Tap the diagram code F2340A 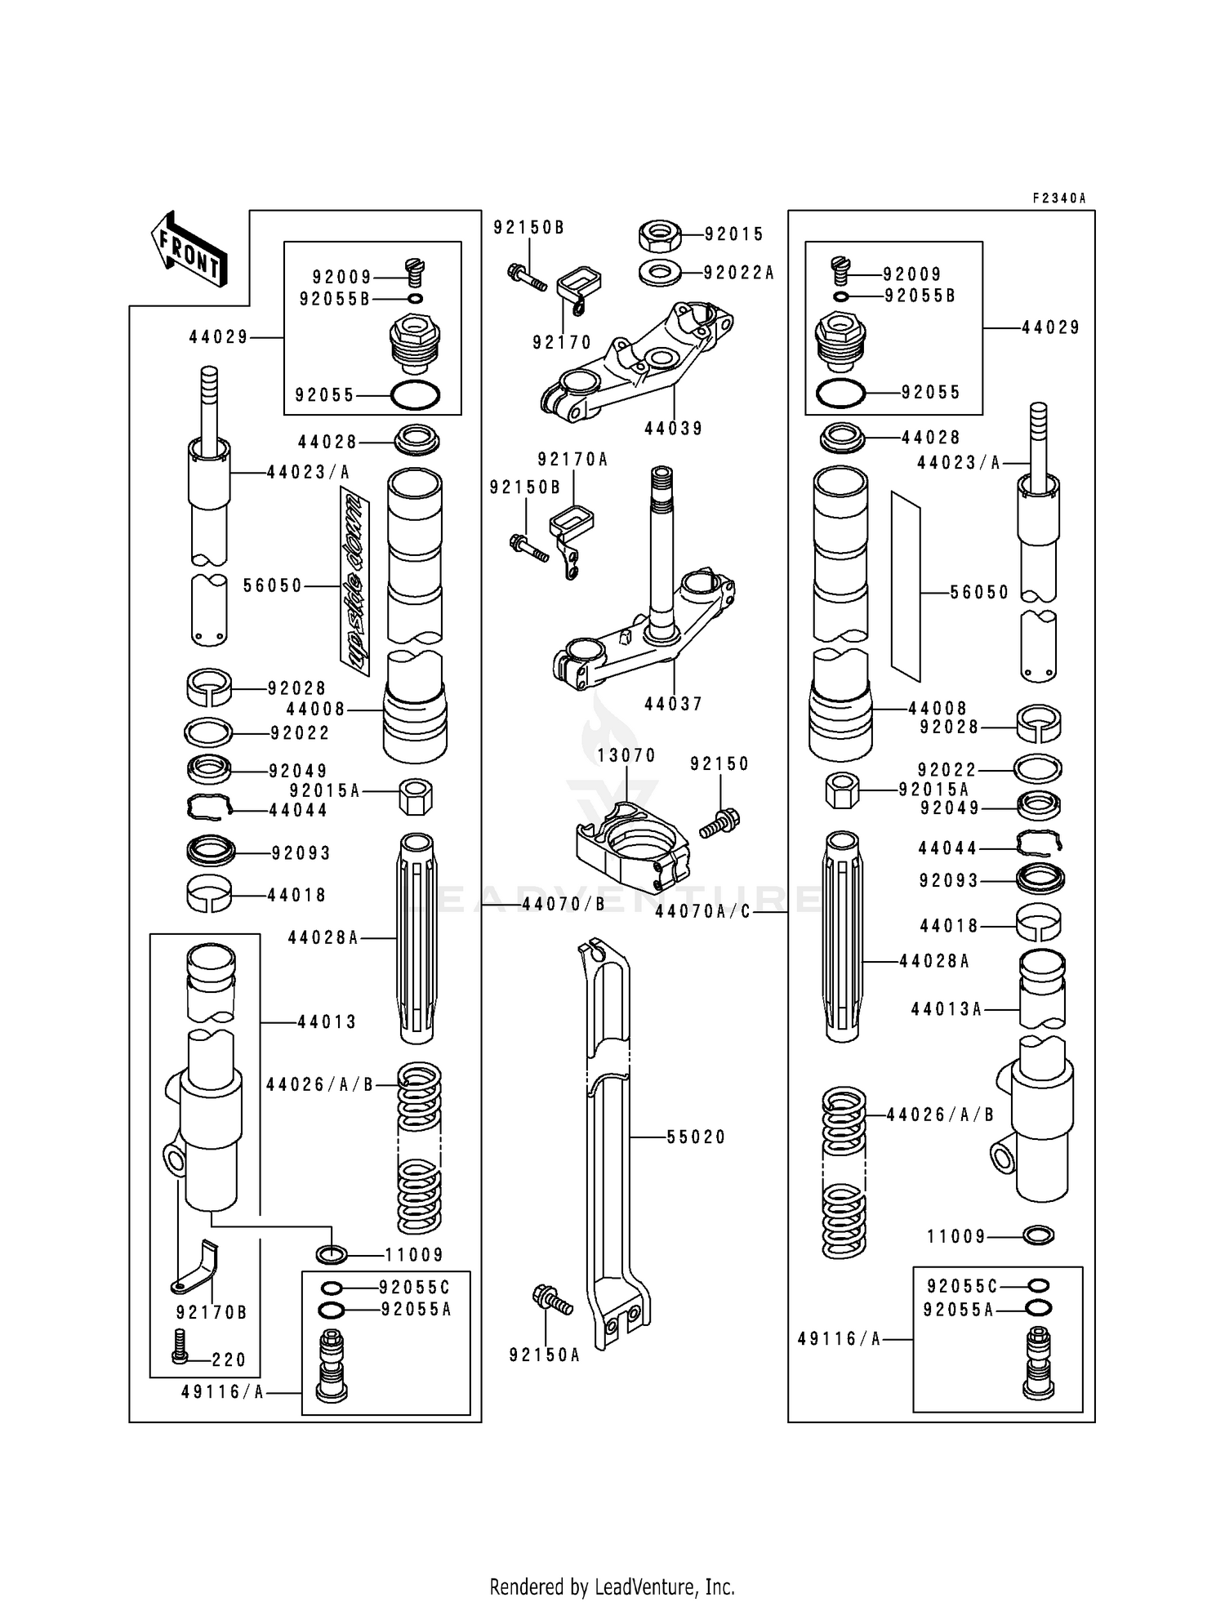coord(1058,198)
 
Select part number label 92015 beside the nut coord(734,234)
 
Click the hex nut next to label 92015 coord(659,235)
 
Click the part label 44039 coord(673,429)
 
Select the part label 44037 coord(673,704)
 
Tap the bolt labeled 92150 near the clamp coord(719,821)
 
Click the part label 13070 coord(626,756)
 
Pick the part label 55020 coord(696,1137)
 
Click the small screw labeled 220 coord(180,1356)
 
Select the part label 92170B coord(212,1313)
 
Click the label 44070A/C coord(702,912)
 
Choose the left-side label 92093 coord(301,853)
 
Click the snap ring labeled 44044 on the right coord(1039,842)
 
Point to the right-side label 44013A coord(946,1009)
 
